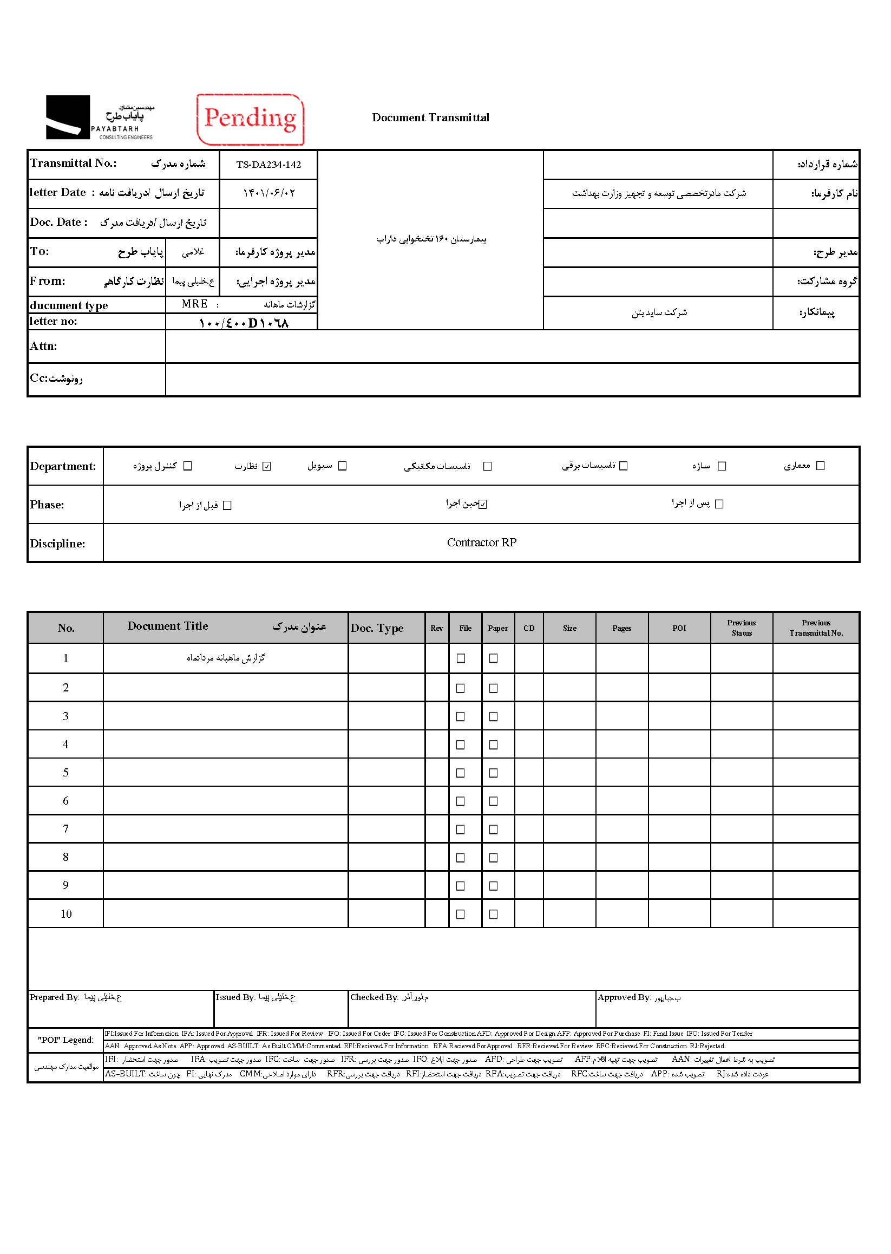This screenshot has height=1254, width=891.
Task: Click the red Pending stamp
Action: (x=250, y=119)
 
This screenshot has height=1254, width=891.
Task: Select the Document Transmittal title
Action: (x=431, y=117)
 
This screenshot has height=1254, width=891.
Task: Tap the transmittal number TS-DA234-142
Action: (x=268, y=165)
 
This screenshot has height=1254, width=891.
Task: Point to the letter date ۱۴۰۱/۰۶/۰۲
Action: (x=268, y=193)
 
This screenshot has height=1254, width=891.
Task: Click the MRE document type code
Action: (x=195, y=304)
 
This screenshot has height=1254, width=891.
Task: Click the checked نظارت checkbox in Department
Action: (x=267, y=467)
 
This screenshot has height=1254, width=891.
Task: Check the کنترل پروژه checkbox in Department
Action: (x=188, y=466)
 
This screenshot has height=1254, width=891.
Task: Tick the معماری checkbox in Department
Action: (x=820, y=466)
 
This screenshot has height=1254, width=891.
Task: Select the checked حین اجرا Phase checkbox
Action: (x=483, y=505)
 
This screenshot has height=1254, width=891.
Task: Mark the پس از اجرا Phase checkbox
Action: (x=719, y=504)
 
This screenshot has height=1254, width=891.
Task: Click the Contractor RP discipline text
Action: (x=481, y=543)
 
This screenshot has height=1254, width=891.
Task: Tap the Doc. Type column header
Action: (x=377, y=629)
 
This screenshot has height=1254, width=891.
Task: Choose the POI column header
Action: (x=679, y=629)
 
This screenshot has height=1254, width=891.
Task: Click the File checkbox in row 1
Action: (x=461, y=658)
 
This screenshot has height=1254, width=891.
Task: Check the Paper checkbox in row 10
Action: (x=493, y=915)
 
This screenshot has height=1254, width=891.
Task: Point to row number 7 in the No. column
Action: (x=66, y=829)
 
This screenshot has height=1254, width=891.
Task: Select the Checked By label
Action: (x=374, y=997)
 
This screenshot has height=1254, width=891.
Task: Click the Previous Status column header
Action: (x=741, y=628)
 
